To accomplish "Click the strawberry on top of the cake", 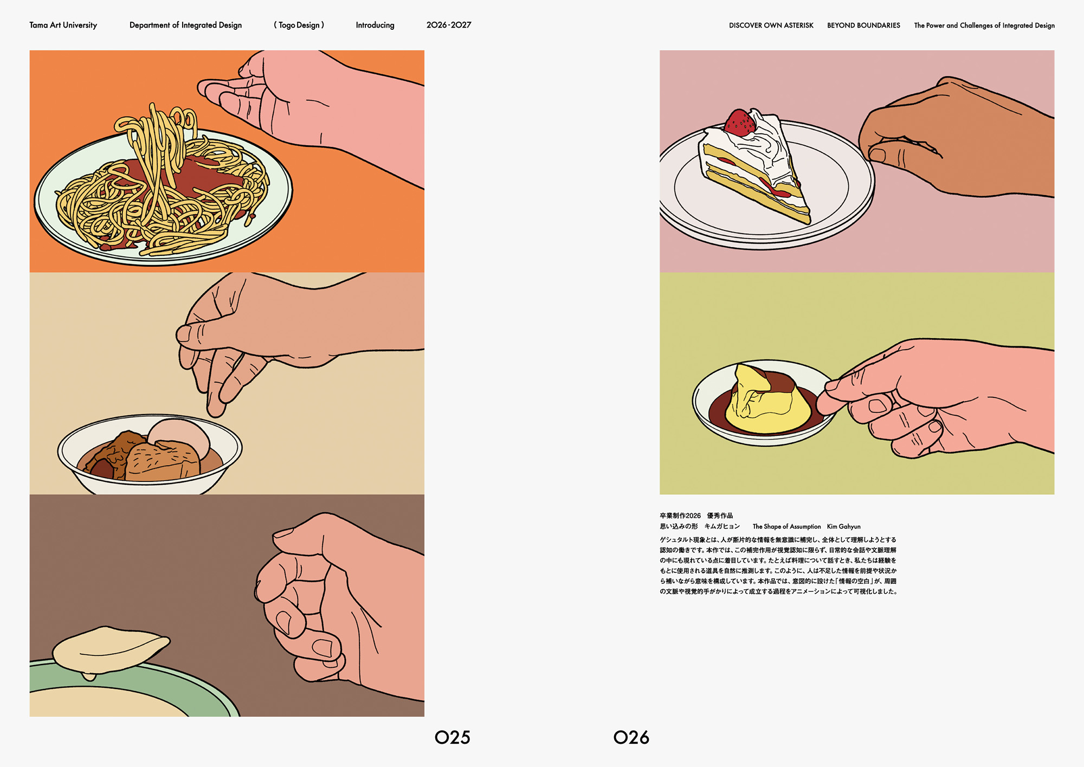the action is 739,123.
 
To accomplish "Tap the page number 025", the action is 453,737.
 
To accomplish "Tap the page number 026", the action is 631,737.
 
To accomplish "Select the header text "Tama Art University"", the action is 63,25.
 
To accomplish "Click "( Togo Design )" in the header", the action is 299,25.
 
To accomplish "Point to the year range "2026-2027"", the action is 449,25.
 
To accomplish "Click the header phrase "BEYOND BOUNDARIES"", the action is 863,25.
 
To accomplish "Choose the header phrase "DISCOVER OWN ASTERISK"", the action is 771,25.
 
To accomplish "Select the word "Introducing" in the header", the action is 375,25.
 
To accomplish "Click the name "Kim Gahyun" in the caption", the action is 843,526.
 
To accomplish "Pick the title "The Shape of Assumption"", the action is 786,526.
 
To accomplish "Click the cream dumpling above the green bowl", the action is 111,650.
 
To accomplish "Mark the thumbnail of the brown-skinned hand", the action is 877,155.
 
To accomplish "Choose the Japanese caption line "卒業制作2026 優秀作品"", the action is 696,515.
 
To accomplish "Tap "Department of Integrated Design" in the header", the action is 185,25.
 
